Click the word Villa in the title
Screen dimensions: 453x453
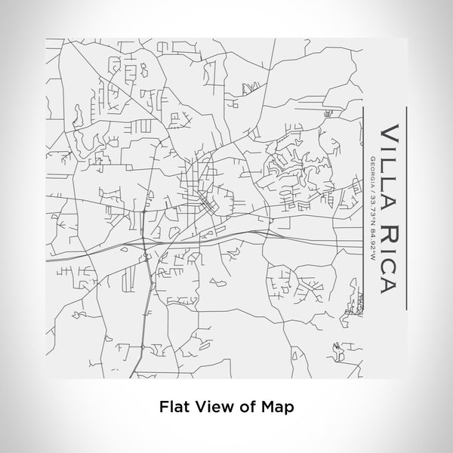(x=388, y=162)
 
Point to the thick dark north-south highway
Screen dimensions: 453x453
(x=143, y=302)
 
